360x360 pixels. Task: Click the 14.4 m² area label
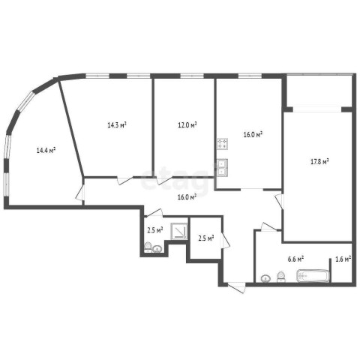coord(46,151)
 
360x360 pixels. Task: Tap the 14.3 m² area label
coord(117,124)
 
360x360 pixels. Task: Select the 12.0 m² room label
coord(187,124)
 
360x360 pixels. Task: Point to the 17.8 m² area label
coord(319,161)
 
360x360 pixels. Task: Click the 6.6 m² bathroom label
coord(295,259)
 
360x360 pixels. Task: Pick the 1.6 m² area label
coord(343,259)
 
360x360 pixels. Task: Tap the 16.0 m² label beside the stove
coord(253,135)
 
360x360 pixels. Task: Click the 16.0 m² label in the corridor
coord(187,197)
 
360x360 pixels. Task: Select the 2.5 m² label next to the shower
coord(155,230)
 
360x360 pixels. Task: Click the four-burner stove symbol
coord(222,144)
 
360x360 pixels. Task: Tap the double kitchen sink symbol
coord(222,167)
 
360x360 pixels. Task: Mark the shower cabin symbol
coord(179,231)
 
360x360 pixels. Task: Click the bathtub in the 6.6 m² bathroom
coord(313,276)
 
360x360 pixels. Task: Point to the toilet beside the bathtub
coord(281,277)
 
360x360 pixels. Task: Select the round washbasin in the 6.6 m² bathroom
coord(265,278)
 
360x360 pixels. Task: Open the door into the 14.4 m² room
coord(80,192)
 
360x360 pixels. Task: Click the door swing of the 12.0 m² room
coord(164,181)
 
